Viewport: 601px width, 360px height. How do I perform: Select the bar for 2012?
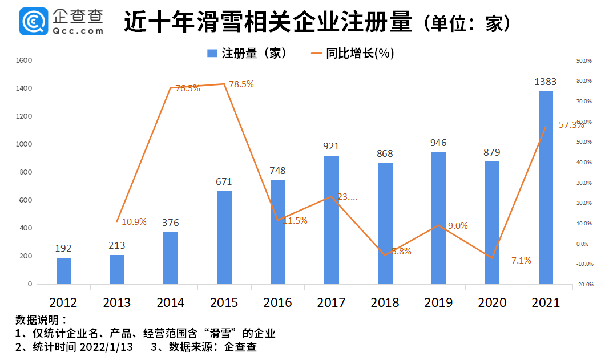point(64,271)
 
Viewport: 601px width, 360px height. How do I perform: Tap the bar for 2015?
point(224,237)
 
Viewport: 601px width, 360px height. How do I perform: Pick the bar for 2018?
point(385,223)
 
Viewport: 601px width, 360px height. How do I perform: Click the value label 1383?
point(545,82)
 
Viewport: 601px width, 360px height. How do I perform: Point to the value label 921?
point(331,146)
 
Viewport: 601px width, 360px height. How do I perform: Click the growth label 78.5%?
point(241,84)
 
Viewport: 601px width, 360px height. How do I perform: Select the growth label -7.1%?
point(519,261)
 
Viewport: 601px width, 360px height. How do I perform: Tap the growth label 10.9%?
point(134,221)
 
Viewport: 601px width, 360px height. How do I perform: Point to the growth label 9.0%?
point(457,226)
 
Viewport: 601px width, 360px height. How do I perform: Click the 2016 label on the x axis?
point(278,302)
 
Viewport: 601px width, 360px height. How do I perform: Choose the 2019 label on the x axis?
point(438,302)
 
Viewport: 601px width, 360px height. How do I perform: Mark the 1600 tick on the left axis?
point(25,60)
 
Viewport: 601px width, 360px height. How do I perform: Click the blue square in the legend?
point(212,54)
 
